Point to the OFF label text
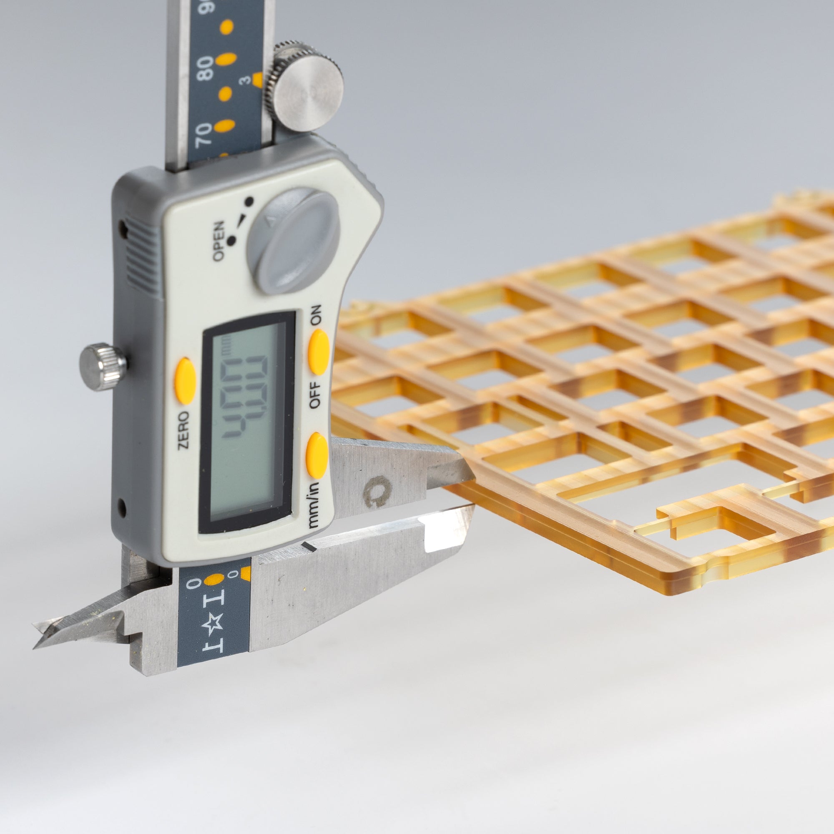(316, 395)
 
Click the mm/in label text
(317, 501)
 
